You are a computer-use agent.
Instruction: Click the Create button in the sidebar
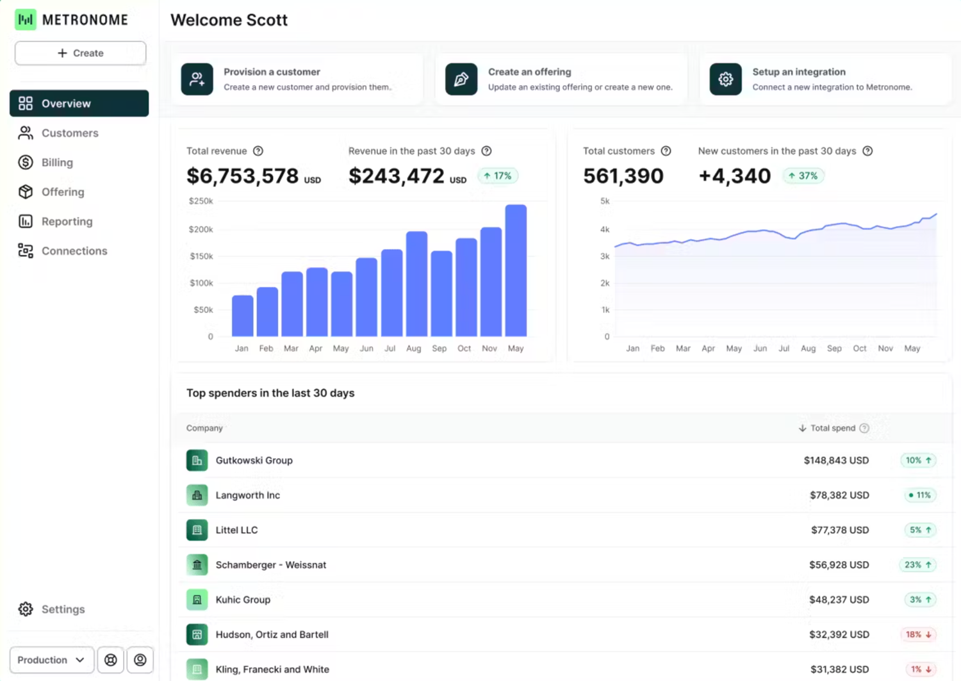[80, 53]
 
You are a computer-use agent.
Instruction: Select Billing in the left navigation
[57, 163]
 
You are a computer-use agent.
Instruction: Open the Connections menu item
[74, 251]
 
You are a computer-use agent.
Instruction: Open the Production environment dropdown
[51, 660]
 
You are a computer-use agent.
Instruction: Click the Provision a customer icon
[197, 79]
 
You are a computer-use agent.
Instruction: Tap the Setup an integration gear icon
[725, 79]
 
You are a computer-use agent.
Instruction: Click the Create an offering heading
[529, 72]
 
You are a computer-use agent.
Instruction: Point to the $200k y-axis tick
[201, 229]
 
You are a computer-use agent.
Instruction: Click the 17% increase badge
[498, 176]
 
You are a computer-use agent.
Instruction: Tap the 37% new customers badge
[803, 176]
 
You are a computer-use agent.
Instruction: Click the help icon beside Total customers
[666, 151]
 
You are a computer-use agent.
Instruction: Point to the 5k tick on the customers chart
[605, 201]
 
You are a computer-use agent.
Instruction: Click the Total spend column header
[832, 428]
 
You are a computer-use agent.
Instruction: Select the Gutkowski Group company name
[254, 461]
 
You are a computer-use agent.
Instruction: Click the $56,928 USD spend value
[839, 565]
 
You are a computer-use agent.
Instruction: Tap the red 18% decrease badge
[918, 634]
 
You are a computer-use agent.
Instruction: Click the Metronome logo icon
[26, 20]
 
